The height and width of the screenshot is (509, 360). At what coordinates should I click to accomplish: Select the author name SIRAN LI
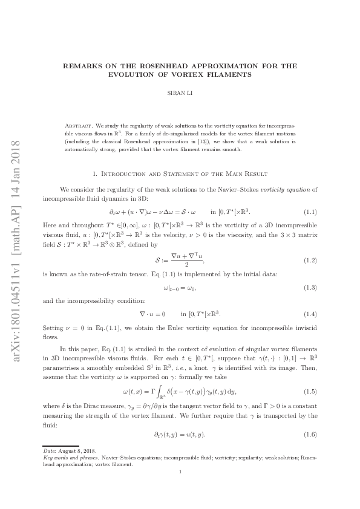click(x=180, y=94)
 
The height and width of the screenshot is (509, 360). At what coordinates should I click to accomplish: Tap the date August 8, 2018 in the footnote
click(x=71, y=468)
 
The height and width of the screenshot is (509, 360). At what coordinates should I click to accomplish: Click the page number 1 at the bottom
click(x=180, y=490)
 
